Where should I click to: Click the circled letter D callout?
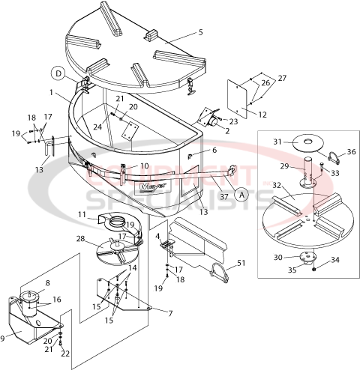click(x=58, y=73)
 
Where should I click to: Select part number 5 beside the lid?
click(x=200, y=32)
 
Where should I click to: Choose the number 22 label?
click(x=65, y=353)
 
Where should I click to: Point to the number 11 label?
click(x=82, y=215)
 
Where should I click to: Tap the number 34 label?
click(x=335, y=260)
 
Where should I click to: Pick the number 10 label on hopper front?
click(x=145, y=166)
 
